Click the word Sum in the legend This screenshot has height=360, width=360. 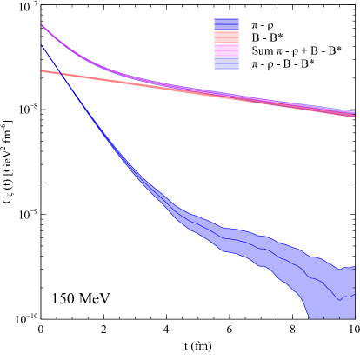(x=262, y=51)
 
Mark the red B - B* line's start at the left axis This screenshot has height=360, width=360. (x=42, y=71)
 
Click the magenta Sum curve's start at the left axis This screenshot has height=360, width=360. (x=42, y=26)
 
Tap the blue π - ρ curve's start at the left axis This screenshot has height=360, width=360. (x=42, y=44)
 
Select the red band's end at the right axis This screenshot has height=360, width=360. (x=354, y=116)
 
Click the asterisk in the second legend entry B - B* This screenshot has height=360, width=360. (x=281, y=37)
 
